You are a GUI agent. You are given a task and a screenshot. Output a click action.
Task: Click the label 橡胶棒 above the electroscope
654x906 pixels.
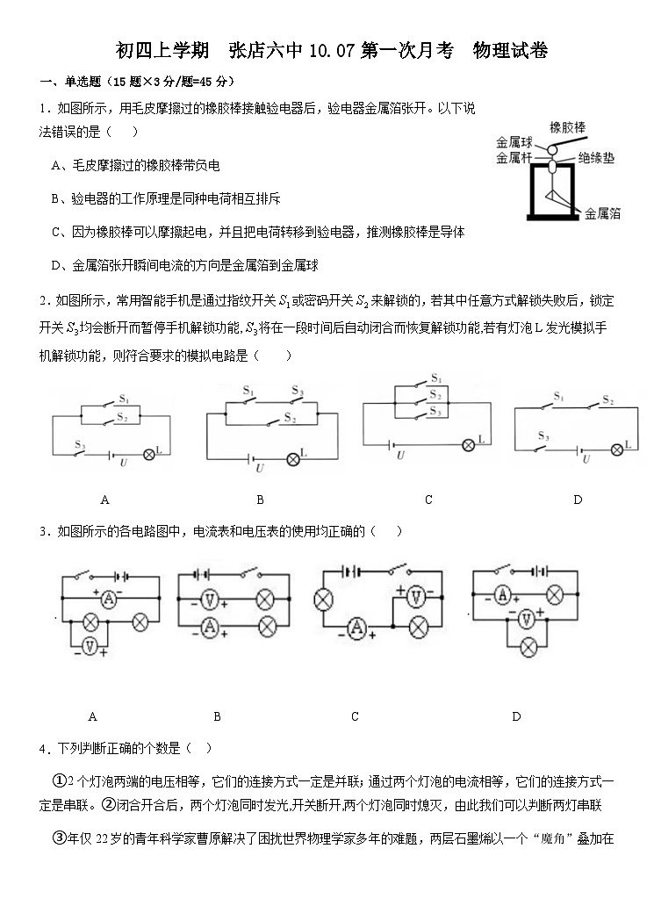pos(568,127)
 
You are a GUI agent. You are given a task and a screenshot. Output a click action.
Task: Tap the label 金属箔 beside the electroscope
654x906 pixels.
pos(602,212)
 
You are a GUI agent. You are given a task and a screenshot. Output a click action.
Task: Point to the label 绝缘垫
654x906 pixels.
pos(596,158)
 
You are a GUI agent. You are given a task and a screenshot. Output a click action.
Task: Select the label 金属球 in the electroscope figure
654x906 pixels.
pos(514,141)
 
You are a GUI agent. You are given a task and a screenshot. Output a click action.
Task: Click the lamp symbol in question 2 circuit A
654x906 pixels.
pos(148,453)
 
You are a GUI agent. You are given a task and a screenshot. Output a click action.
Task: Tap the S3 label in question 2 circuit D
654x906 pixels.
pos(544,436)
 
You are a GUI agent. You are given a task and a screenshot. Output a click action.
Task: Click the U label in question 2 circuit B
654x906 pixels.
pos(260,469)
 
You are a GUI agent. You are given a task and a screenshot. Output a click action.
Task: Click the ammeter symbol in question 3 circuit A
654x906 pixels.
pos(108,599)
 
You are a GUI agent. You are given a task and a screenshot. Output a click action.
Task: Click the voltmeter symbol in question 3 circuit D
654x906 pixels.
pos(526,619)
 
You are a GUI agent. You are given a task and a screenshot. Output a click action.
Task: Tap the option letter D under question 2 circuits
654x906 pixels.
pos(578,500)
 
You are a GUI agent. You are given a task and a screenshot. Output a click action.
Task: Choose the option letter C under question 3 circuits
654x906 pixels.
pos(355,716)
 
